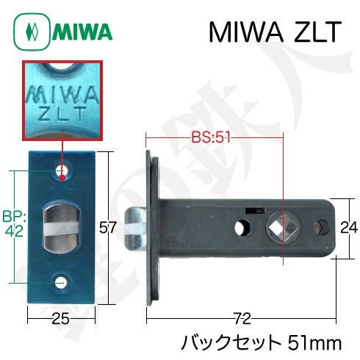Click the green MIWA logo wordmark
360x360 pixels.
point(82,32)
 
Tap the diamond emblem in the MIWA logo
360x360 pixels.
point(32,32)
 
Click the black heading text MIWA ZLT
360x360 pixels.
point(275,32)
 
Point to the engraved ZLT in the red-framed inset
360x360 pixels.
point(62,113)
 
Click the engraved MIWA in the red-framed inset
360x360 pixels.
point(62,96)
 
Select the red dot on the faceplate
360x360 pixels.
point(62,177)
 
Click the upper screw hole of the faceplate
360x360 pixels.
point(62,170)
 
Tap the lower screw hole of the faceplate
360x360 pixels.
point(60,283)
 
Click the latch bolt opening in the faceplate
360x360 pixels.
point(62,226)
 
